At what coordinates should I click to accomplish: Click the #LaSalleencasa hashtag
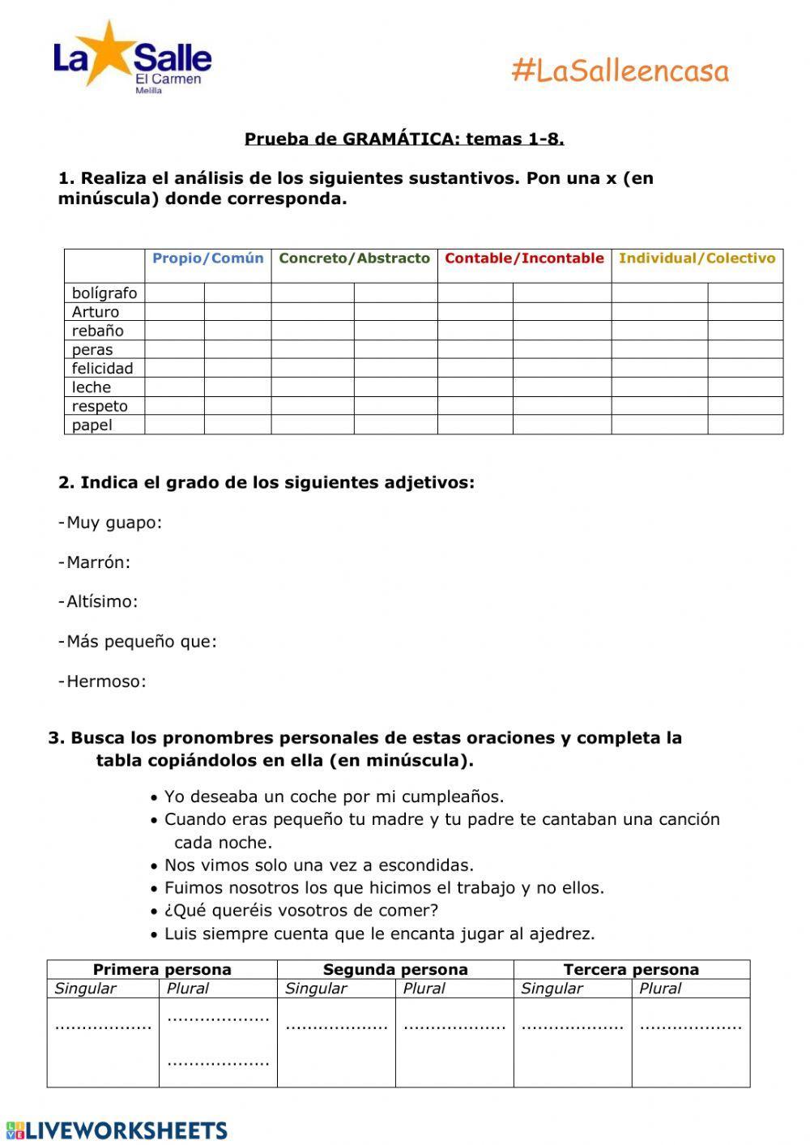(620, 71)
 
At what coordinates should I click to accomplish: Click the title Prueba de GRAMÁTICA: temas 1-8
(404, 139)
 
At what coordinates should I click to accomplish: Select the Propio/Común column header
(208, 258)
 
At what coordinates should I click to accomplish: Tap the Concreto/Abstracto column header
(354, 258)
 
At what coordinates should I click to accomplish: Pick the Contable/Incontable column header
(524, 258)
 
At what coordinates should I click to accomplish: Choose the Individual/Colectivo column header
(697, 258)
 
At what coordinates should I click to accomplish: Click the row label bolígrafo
(104, 293)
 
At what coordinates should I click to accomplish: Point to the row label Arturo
(96, 312)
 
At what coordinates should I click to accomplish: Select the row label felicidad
(102, 369)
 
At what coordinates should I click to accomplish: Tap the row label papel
(92, 425)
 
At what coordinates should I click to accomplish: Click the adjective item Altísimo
(101, 602)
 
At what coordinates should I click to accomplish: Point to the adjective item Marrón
(98, 562)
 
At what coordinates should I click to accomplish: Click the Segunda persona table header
(395, 969)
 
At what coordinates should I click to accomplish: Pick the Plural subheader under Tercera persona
(659, 989)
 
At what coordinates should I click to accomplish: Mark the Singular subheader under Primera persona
(85, 989)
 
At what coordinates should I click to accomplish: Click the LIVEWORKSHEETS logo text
(126, 1130)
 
